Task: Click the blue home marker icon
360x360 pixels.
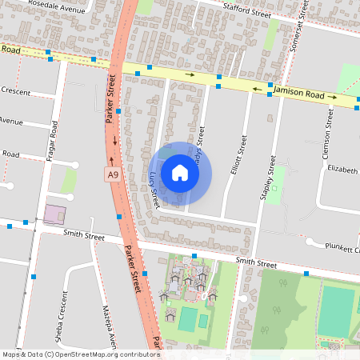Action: click(179, 173)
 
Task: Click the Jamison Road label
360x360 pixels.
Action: click(298, 94)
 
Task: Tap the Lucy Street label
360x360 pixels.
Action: click(154, 189)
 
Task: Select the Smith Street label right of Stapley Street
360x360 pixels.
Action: click(256, 263)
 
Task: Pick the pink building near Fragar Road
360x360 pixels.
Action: click(55, 214)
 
